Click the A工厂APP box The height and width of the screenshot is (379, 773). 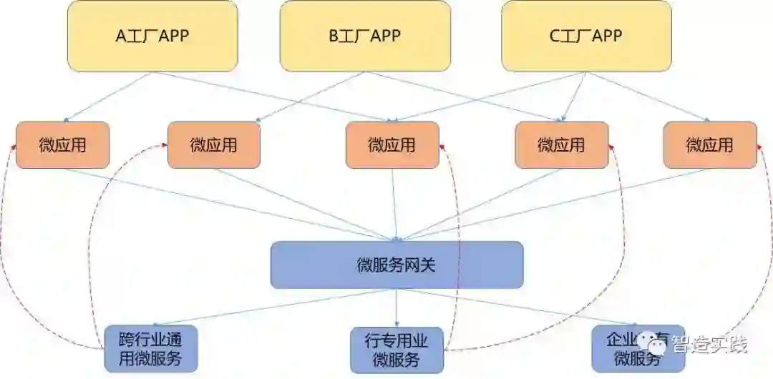[152, 36]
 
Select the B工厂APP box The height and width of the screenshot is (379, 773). [365, 36]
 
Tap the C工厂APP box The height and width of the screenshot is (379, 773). [586, 36]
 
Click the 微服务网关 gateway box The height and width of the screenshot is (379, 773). [397, 265]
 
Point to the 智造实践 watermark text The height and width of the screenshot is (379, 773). [709, 344]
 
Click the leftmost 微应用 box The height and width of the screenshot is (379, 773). [62, 145]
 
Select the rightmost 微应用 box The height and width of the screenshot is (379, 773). [709, 145]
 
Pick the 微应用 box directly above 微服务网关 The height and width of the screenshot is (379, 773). [392, 145]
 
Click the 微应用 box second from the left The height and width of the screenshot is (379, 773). [214, 145]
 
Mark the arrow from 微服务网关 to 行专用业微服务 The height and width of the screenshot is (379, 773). [397, 307]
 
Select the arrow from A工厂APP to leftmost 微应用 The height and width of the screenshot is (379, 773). [107, 97]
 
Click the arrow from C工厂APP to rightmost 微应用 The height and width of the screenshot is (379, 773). [648, 97]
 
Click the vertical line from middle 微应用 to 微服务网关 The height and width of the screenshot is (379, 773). [393, 204]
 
